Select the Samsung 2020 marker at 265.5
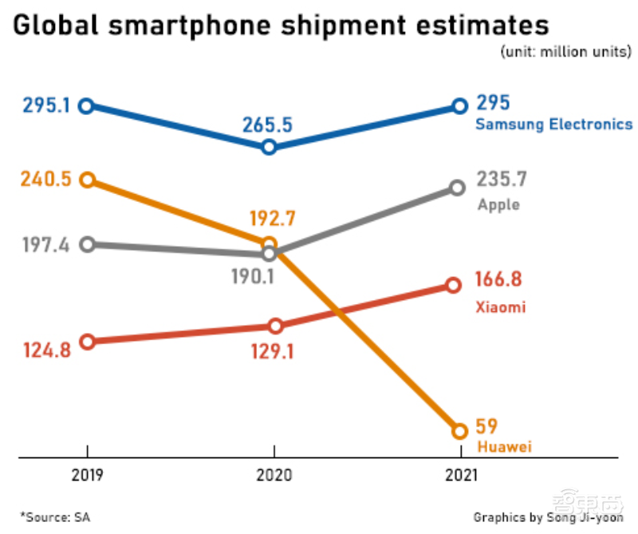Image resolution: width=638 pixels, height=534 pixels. click(x=269, y=147)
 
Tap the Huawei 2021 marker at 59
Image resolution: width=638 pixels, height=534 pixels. click(x=459, y=431)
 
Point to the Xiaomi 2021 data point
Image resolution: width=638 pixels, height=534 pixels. click(x=453, y=285)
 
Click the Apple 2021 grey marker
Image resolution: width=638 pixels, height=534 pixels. click(x=457, y=188)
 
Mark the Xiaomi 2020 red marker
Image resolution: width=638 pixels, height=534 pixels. click(x=275, y=326)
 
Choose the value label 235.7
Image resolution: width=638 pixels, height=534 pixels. click(x=502, y=179)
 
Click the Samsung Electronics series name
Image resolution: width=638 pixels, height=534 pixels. click(x=553, y=125)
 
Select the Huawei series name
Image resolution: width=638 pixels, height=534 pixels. click(x=503, y=446)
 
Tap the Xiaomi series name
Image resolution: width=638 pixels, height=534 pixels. click(x=500, y=307)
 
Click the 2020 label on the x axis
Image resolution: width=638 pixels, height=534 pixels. click(x=274, y=476)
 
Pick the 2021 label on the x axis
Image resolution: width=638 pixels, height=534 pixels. click(x=459, y=476)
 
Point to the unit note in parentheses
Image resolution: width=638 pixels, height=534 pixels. click(x=565, y=53)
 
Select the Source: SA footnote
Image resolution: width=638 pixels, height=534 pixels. click(x=56, y=516)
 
